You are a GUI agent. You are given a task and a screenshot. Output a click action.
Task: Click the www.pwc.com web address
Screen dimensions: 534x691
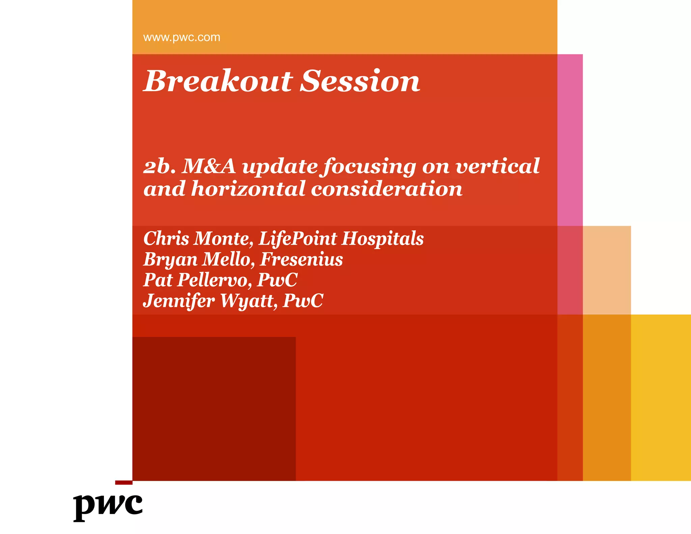coord(182,37)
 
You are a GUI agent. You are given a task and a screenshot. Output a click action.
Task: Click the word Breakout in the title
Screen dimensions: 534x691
coord(218,81)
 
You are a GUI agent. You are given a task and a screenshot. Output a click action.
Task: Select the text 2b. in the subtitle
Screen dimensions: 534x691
coord(159,166)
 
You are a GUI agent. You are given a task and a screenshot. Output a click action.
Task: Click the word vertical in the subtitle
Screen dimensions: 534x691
coord(497,166)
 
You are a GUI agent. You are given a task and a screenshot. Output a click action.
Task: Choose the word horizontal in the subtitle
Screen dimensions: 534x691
coord(248,189)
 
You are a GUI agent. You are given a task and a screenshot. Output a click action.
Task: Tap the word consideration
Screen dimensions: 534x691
coord(386,189)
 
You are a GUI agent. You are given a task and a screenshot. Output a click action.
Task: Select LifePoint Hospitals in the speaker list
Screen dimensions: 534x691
coord(341,239)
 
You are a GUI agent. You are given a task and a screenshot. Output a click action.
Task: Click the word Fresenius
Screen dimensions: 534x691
coord(301,260)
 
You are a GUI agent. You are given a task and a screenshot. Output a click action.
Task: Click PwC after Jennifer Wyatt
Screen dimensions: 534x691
coord(303,301)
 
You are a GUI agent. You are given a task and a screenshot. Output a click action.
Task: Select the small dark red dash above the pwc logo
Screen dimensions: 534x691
coord(123,483)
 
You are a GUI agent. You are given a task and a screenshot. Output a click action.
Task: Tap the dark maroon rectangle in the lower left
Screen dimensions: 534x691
coord(214,408)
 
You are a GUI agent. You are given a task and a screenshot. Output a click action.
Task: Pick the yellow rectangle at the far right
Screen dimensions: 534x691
coord(661,397)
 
